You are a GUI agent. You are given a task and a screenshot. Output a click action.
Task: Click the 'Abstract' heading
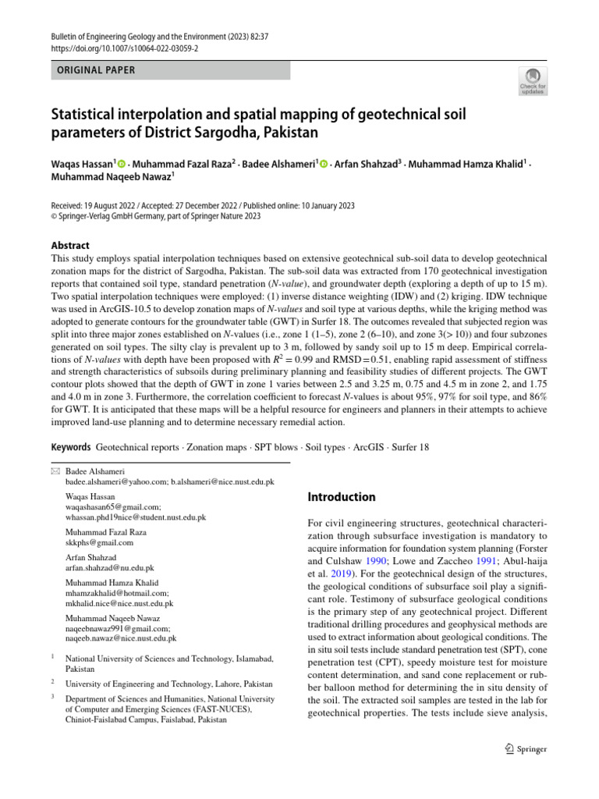70,245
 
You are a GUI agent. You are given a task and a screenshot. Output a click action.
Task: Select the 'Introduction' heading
342,497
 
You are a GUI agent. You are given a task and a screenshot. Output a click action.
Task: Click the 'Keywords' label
70,447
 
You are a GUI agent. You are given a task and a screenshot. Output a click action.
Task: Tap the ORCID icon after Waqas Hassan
122,164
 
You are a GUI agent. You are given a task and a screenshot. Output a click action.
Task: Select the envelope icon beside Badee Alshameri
54,471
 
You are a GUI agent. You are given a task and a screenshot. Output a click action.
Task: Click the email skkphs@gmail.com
99,542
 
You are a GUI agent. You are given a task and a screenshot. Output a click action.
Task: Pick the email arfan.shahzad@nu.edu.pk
110,569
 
